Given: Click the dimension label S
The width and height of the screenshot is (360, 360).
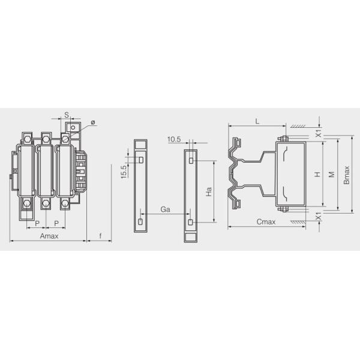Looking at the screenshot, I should pos(66,114).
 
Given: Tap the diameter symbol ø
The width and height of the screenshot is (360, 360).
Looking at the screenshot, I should pos(92,122).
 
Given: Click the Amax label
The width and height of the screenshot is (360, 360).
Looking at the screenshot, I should pos(49,237).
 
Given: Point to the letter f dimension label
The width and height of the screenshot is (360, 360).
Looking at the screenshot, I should pos(100,237).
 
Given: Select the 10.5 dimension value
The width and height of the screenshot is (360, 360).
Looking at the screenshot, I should pos(175,139).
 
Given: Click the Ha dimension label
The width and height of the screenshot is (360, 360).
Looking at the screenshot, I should pos(208,192).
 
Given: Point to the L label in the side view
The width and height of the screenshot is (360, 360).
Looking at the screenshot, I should pos(257,121).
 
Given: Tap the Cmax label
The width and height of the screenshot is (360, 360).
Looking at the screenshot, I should pos(266,222).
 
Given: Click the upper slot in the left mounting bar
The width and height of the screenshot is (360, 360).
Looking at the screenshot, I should pos(140,160).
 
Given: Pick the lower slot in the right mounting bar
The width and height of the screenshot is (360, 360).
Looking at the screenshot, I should pos(190,223).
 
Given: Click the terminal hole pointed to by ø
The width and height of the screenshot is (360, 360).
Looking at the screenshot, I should pos(73,127).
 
